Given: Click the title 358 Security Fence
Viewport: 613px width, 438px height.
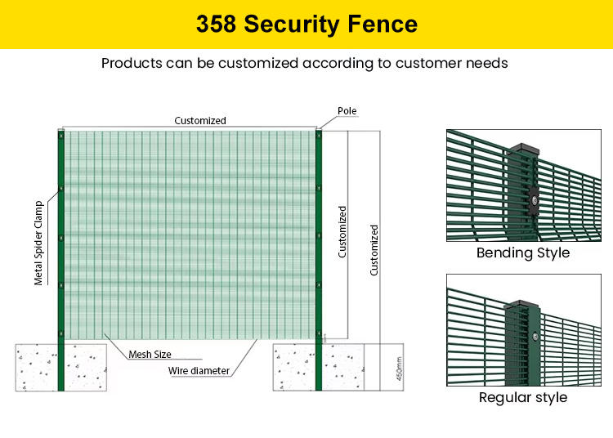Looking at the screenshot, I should pyautogui.click(x=306, y=24).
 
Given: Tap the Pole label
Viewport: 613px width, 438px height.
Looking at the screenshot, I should pyautogui.click(x=347, y=110).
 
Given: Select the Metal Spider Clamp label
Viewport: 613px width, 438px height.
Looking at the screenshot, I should pyautogui.click(x=38, y=243).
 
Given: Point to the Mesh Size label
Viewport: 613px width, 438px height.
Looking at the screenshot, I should pyautogui.click(x=150, y=355).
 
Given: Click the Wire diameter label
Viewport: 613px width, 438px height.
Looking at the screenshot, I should pyautogui.click(x=199, y=371).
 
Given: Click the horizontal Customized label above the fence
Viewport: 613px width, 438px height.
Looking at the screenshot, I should pyautogui.click(x=200, y=120).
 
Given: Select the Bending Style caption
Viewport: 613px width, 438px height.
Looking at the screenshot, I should pyautogui.click(x=523, y=253).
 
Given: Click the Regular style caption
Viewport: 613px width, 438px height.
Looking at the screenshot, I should pyautogui.click(x=523, y=398).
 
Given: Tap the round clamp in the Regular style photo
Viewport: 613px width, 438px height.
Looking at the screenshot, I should pyautogui.click(x=535, y=336).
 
